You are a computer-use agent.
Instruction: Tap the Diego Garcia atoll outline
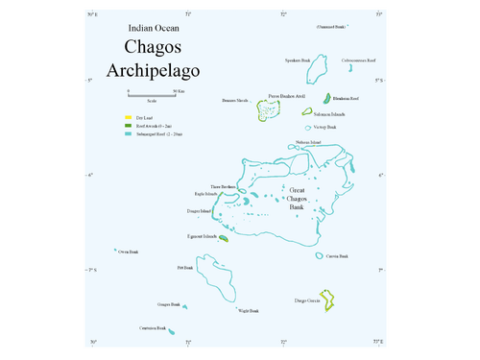pyautogui.click(x=328, y=301)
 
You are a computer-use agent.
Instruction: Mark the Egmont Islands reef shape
pyautogui.click(x=224, y=239)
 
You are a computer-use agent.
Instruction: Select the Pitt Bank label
pyautogui.click(x=185, y=268)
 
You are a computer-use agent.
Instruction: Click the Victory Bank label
pyautogui.click(x=324, y=127)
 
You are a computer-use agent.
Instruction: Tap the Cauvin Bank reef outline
pyautogui.click(x=318, y=255)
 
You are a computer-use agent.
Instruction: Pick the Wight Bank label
pyautogui.click(x=248, y=311)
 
